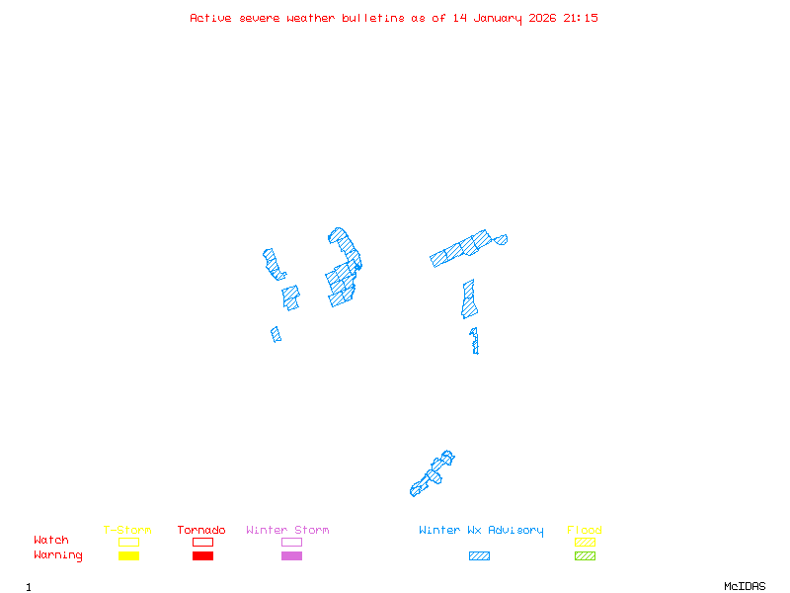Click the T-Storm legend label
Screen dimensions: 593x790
(x=127, y=531)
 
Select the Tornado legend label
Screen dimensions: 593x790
(x=201, y=531)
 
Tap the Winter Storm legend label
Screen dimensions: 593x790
(x=287, y=531)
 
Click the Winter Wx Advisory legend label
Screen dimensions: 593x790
(x=481, y=531)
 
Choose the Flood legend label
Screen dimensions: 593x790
(x=585, y=531)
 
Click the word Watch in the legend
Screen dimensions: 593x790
(x=51, y=541)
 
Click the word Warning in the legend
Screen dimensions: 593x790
(x=58, y=555)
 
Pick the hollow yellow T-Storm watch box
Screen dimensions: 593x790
(x=128, y=542)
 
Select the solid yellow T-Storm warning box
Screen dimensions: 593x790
(x=128, y=556)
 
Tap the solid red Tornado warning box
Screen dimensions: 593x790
(x=202, y=556)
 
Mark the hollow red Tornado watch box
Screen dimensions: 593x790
(x=202, y=542)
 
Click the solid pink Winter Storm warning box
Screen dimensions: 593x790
(x=291, y=556)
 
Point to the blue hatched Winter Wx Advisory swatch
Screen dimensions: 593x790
(x=479, y=556)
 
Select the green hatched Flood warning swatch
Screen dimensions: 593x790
(x=585, y=556)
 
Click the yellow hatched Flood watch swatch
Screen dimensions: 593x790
(x=585, y=542)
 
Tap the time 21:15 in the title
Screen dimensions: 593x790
(x=581, y=18)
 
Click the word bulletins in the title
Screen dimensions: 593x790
(x=373, y=18)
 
